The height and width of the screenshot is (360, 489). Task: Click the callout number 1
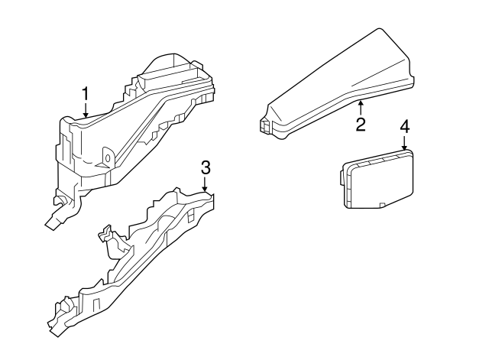pyautogui.click(x=86, y=94)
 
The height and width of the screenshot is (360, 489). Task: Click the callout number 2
pyautogui.click(x=361, y=124)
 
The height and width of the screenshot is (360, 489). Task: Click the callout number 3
pyautogui.click(x=205, y=168)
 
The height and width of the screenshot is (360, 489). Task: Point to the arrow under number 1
pyautogui.click(x=86, y=110)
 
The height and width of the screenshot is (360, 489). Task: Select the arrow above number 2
pyautogui.click(x=361, y=106)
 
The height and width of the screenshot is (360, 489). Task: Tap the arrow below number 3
pyautogui.click(x=205, y=185)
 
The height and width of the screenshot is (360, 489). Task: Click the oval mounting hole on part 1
pyautogui.click(x=107, y=159)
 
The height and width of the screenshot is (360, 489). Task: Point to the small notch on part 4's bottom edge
pyautogui.click(x=381, y=205)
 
